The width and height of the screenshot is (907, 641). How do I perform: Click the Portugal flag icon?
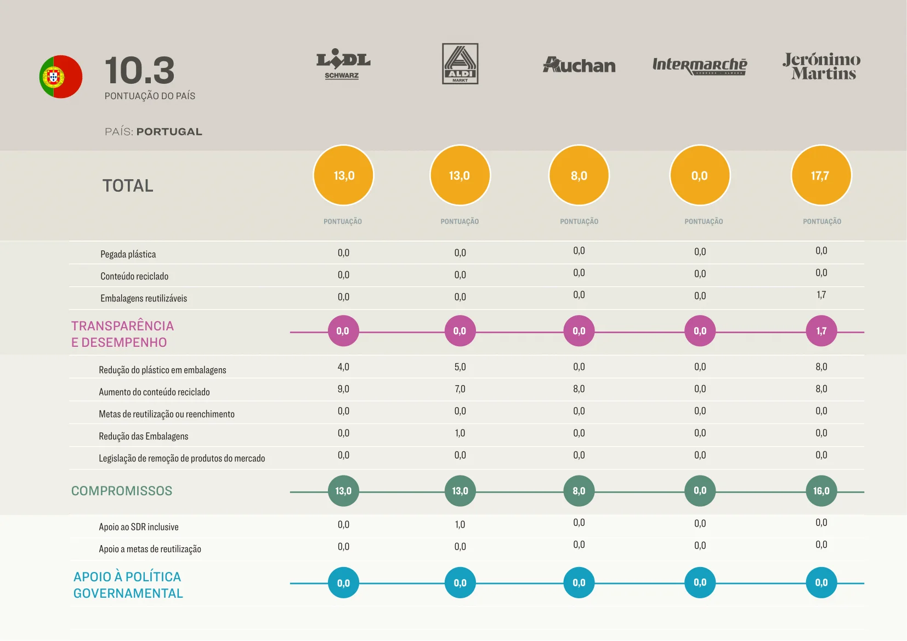(x=61, y=77)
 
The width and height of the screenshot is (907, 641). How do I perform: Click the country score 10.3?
(x=139, y=71)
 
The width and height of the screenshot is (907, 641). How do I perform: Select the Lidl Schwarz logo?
(x=343, y=65)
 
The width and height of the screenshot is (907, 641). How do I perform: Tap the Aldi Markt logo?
(x=460, y=64)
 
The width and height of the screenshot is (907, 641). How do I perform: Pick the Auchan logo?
(x=579, y=65)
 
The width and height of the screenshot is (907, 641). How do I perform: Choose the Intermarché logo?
(x=700, y=66)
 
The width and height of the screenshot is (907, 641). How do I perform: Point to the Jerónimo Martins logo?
(x=821, y=66)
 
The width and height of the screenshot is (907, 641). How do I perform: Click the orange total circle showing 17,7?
(x=821, y=175)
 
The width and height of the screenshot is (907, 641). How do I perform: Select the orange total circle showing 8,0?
(x=579, y=175)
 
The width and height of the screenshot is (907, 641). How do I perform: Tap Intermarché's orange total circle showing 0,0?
(x=700, y=175)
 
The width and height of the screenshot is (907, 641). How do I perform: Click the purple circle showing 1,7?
(x=821, y=331)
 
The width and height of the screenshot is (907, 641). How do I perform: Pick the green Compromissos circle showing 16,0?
(x=821, y=491)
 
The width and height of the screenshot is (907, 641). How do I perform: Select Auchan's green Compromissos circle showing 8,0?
(x=579, y=491)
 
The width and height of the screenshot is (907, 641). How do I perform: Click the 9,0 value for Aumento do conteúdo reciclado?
(x=343, y=389)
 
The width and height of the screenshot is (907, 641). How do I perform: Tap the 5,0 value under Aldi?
(x=460, y=367)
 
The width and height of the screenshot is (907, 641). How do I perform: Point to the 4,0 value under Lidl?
(x=343, y=367)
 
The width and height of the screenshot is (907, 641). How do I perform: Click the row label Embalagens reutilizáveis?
(x=144, y=299)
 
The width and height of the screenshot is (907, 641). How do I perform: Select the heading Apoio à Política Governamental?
(x=128, y=585)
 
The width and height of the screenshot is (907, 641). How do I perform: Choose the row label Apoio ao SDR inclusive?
(x=139, y=527)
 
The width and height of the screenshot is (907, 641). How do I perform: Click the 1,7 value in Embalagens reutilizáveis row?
(x=821, y=295)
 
